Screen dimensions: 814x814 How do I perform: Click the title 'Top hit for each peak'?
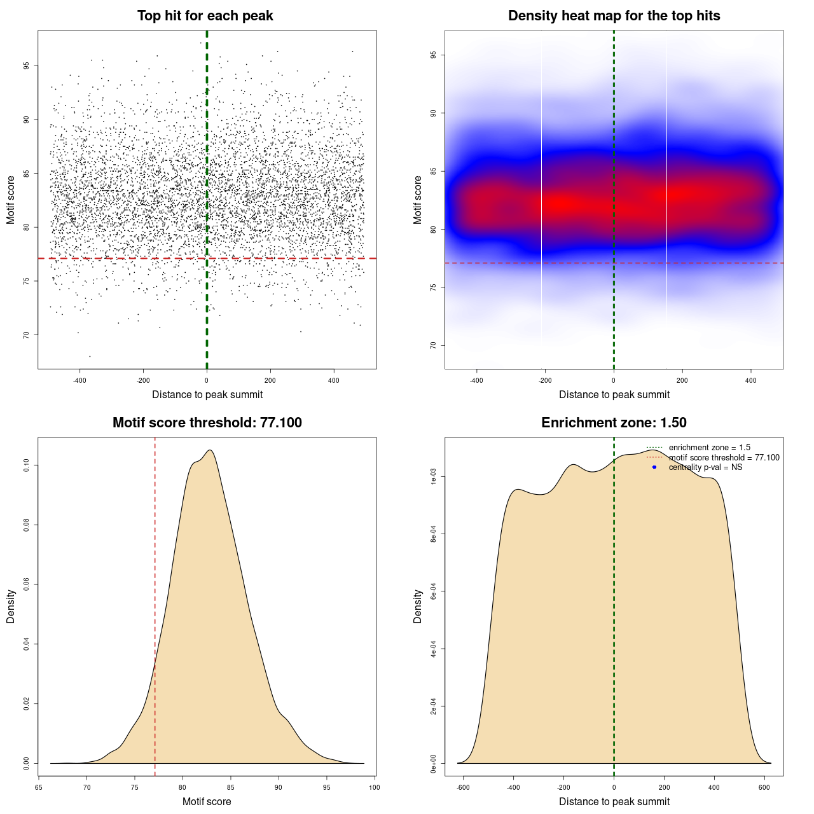pos(205,16)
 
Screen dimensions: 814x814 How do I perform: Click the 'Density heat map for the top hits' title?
pos(614,16)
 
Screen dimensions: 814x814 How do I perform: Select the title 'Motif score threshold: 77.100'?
pos(207,423)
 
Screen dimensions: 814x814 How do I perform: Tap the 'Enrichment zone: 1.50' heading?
pos(614,423)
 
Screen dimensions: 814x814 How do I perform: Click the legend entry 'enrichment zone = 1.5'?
pos(709,448)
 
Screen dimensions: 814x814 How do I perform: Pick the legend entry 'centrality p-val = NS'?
pos(705,467)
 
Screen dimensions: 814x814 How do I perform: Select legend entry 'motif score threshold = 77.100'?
pos(724,458)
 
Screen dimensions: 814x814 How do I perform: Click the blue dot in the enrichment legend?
pos(654,467)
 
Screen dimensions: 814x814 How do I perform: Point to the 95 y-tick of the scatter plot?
pos(27,66)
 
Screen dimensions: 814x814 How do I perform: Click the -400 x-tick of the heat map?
pos(476,380)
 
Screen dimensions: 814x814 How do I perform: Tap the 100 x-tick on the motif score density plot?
pos(374,787)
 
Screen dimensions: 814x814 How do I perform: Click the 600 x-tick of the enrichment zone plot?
pos(764,787)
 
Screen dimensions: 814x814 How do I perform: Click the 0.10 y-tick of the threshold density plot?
pos(27,466)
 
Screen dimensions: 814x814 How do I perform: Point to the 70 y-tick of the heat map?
pos(434,345)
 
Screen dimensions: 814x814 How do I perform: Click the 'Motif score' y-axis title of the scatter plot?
pos(11,200)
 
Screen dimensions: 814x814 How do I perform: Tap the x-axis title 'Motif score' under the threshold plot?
pos(207,801)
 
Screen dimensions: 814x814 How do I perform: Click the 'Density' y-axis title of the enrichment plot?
pos(418,606)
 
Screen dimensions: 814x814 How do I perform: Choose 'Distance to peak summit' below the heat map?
pos(614,394)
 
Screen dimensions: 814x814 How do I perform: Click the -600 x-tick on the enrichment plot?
pos(463,787)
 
